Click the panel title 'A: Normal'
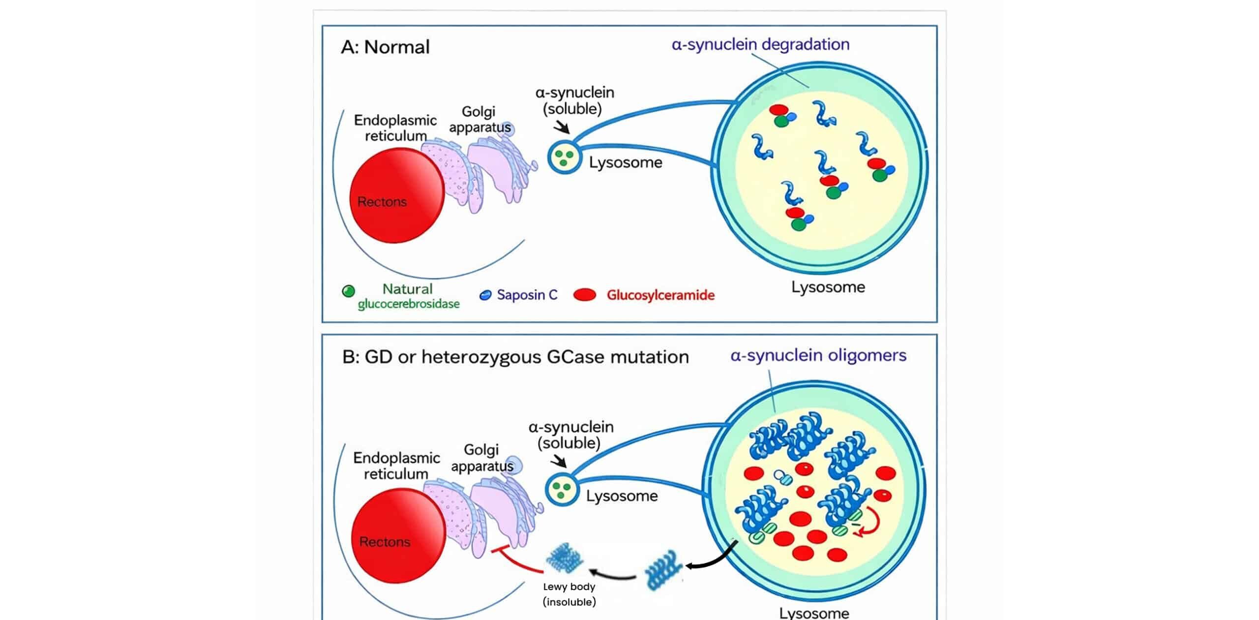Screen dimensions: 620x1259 pyautogui.click(x=385, y=47)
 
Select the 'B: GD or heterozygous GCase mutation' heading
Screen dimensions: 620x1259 pyautogui.click(x=515, y=357)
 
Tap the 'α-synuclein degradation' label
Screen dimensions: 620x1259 pyautogui.click(x=760, y=44)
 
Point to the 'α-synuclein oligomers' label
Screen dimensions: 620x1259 pyautogui.click(x=818, y=355)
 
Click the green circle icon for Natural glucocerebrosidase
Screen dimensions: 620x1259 pyautogui.click(x=348, y=291)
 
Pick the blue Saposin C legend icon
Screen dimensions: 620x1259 pyautogui.click(x=485, y=295)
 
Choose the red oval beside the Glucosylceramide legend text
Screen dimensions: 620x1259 pyautogui.click(x=585, y=295)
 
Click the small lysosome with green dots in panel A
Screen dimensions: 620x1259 pyautogui.click(x=564, y=157)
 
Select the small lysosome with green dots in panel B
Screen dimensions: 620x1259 pyautogui.click(x=561, y=489)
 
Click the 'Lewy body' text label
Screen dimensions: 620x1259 pyautogui.click(x=569, y=587)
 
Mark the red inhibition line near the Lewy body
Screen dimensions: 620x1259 pyautogui.click(x=516, y=561)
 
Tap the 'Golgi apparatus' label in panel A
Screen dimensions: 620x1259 pyautogui.click(x=480, y=119)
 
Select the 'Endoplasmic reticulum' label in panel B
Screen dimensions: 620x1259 pyautogui.click(x=396, y=465)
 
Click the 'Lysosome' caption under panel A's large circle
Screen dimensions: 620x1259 pyautogui.click(x=828, y=287)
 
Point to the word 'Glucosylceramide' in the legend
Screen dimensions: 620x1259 pyautogui.click(x=660, y=295)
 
